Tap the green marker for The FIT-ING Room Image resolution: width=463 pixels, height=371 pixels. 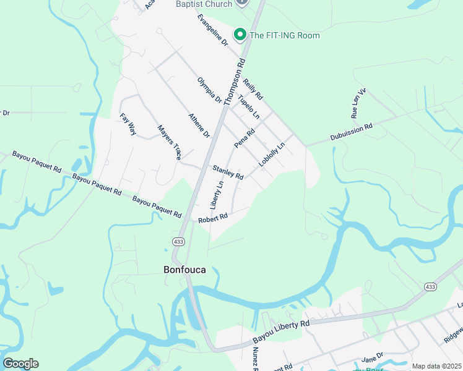click(239, 35)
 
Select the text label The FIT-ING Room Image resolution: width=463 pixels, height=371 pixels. click(284, 35)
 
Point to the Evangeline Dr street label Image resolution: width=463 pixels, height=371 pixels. click(213, 29)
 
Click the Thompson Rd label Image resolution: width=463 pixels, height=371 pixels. click(235, 81)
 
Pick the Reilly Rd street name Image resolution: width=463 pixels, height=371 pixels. click(253, 89)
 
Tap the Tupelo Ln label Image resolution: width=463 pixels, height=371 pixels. click(249, 107)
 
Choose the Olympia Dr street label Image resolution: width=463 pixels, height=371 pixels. click(209, 90)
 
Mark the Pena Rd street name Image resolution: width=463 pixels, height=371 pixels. click(244, 139)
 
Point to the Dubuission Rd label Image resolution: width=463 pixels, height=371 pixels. click(351, 131)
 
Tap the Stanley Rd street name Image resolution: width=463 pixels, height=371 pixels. click(228, 172)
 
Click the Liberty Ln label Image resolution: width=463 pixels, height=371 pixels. click(217, 194)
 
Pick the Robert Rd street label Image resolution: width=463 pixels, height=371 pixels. click(213, 218)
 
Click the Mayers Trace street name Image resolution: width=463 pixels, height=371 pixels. click(169, 143)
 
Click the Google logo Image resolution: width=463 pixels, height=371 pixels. click(20, 364)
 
